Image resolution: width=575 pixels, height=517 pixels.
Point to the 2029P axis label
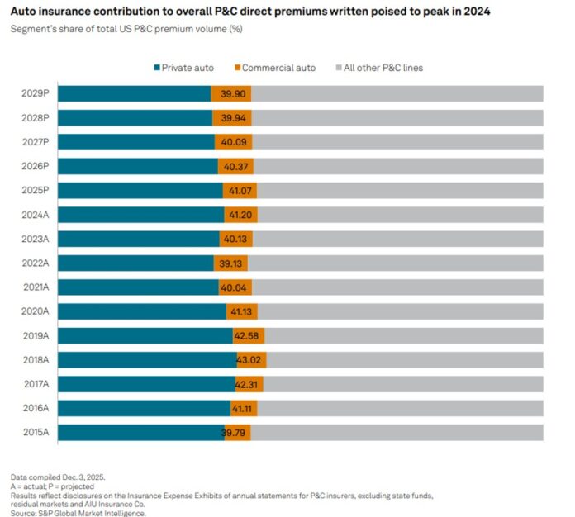coord(36,93)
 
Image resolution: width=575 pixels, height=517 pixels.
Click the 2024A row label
coord(36,215)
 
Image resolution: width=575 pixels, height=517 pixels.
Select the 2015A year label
coord(36,433)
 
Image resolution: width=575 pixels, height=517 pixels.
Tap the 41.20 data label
coord(240,215)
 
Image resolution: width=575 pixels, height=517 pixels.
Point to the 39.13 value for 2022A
coord(231,263)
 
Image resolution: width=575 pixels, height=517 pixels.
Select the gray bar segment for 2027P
coord(397,142)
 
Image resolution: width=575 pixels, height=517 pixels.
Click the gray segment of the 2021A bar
coord(397,287)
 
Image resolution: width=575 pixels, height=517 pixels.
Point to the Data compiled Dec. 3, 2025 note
coord(58,477)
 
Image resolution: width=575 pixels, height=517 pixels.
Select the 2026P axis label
coord(36,166)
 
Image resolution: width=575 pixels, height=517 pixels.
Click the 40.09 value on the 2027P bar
coord(232,142)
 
